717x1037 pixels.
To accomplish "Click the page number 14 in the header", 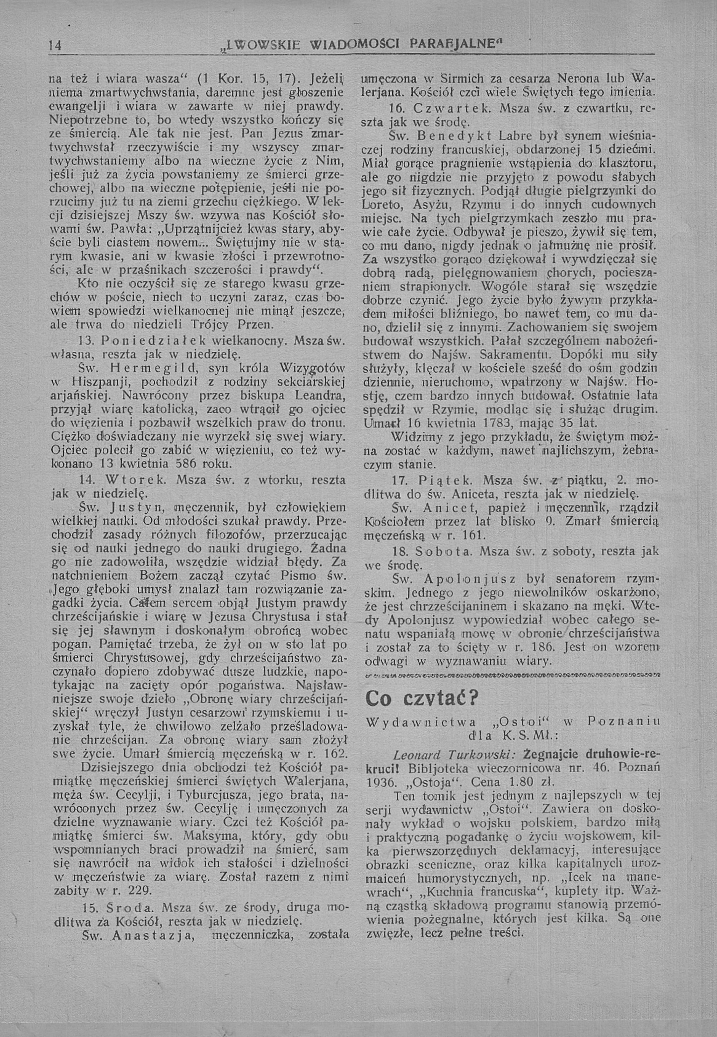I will coord(56,46).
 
